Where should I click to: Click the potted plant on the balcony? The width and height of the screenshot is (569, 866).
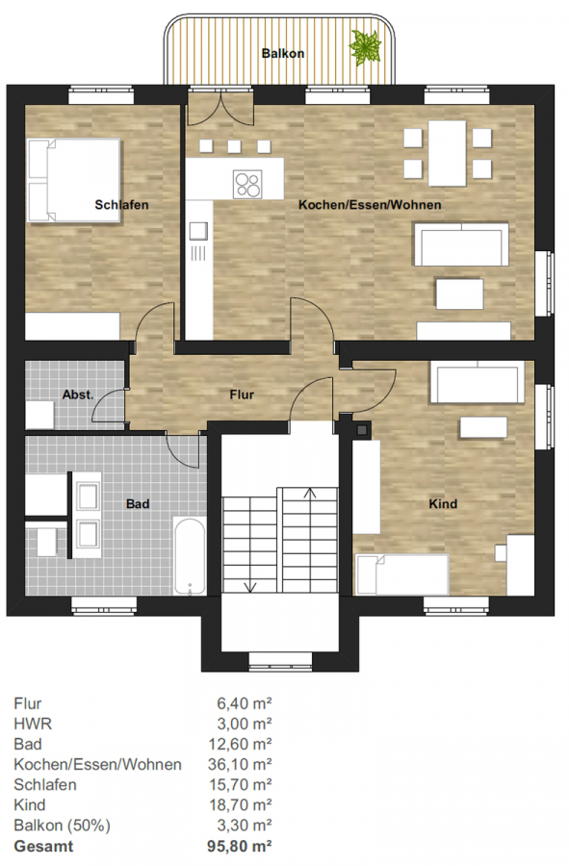[365, 47]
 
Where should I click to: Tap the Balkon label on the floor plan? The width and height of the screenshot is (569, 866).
[283, 54]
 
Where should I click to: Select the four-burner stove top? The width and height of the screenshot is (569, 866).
[246, 185]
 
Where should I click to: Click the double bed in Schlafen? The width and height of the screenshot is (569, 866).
[74, 180]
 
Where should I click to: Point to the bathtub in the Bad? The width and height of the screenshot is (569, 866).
[190, 555]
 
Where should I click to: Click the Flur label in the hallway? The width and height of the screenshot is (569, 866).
[242, 395]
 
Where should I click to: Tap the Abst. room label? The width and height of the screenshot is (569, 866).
[78, 395]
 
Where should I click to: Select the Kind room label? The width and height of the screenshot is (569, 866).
[443, 503]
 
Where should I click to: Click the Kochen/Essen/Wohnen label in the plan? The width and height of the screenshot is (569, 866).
[370, 205]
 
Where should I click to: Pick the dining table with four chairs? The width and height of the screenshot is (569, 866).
[448, 153]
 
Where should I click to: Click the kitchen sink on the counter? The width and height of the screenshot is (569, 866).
[199, 231]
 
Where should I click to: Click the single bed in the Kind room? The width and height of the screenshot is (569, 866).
[402, 574]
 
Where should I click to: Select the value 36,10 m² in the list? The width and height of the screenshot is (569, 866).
[240, 764]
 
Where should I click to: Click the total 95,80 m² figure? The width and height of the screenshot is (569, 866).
[240, 846]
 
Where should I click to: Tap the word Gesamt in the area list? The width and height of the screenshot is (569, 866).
[43, 846]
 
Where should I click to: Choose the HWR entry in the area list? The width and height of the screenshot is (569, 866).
[33, 724]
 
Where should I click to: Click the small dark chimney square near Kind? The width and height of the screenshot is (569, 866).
[362, 429]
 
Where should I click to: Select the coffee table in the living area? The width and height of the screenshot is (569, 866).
[459, 293]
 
